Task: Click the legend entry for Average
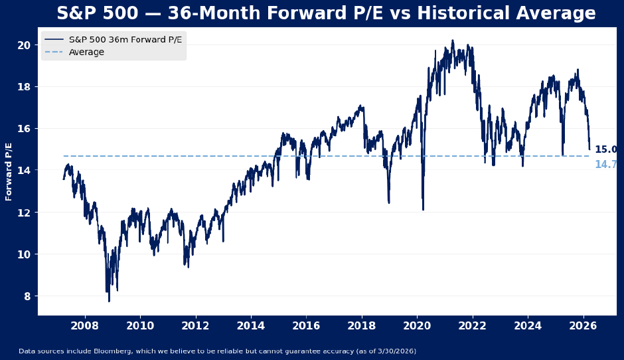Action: click(86, 52)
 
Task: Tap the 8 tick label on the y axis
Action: click(27, 296)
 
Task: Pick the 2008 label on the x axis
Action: click(84, 326)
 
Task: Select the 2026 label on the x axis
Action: click(584, 326)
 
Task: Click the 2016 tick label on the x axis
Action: click(306, 326)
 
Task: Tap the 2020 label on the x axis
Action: click(417, 326)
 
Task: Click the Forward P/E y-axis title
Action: click(9, 171)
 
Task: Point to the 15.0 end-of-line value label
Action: click(605, 150)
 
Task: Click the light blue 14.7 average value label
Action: click(605, 165)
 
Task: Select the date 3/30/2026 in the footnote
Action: click(394, 351)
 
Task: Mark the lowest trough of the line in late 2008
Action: click(109, 301)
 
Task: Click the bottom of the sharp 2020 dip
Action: click(423, 210)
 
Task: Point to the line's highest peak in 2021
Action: click(453, 41)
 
